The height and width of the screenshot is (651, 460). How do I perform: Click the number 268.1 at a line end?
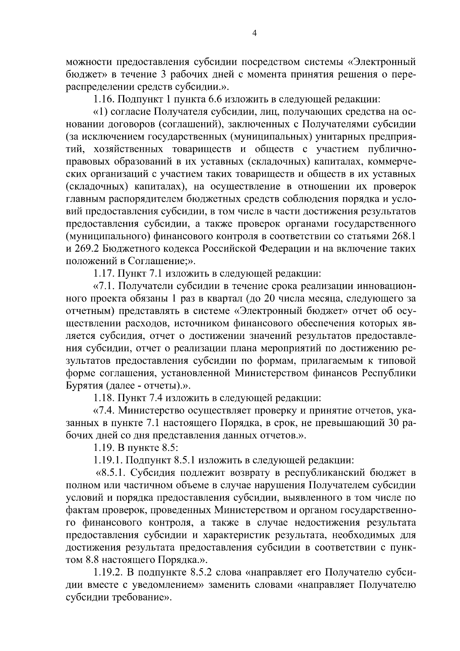tap(402, 236)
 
